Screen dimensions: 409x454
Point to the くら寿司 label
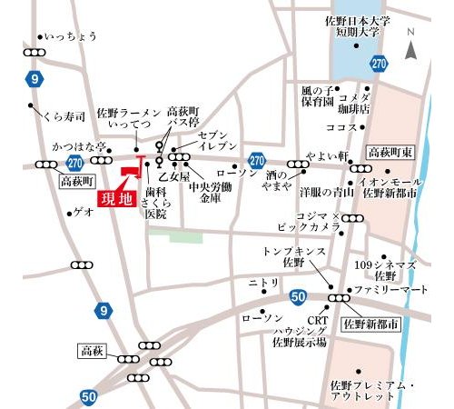(66, 115)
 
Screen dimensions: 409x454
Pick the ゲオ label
(83, 211)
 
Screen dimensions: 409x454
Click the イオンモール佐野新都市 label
(390, 187)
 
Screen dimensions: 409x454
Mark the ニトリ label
(263, 283)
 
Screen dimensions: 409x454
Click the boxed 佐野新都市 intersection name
(370, 324)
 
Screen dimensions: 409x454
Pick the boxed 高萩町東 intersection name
(391, 152)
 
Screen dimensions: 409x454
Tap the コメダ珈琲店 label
(354, 103)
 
